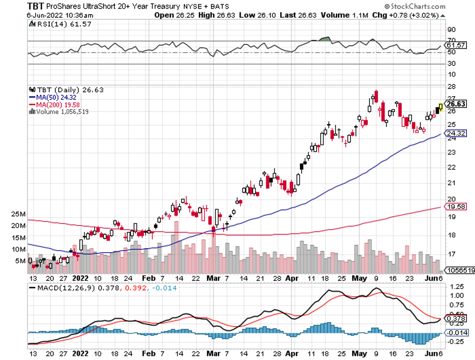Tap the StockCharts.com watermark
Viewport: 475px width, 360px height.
[x=414, y=6]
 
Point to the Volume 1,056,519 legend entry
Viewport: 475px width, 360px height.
[x=60, y=112]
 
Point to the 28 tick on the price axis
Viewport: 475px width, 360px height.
[x=450, y=86]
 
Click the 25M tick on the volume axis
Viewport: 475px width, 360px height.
[x=19, y=214]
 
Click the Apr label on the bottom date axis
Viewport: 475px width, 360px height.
[x=292, y=278]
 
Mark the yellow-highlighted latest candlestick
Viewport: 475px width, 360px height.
[x=440, y=106]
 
